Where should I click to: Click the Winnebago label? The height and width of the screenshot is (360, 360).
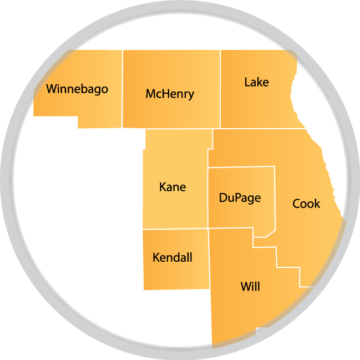tap(77, 89)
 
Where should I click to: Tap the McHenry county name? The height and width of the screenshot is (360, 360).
tap(170, 94)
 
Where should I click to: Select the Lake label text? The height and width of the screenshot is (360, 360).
tap(256, 82)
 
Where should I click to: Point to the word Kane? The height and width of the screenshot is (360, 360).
tap(173, 187)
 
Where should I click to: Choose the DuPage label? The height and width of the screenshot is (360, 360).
tap(240, 197)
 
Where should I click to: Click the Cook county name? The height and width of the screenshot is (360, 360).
tap(306, 204)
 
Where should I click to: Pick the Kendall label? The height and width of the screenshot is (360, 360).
tap(173, 257)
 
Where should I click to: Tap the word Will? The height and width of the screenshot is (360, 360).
tap(250, 287)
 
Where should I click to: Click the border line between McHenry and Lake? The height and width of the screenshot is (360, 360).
tap(221, 89)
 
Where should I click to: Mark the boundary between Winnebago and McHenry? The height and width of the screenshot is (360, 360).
tap(123, 89)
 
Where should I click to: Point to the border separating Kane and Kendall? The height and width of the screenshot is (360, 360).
tap(175, 229)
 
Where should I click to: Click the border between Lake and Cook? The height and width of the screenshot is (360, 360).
tap(261, 129)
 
